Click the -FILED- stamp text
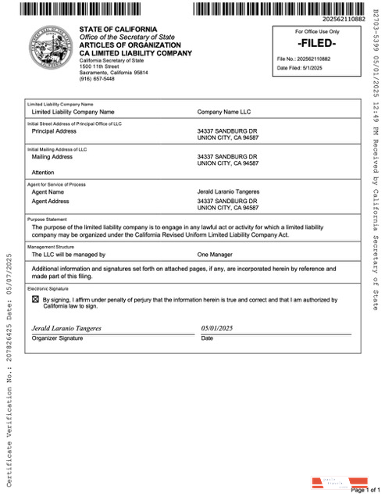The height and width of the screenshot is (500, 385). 317,43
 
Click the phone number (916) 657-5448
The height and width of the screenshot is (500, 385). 97,79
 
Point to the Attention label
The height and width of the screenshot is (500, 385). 43,172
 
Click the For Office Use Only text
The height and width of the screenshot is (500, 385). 317,32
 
